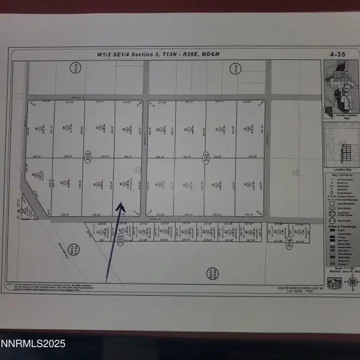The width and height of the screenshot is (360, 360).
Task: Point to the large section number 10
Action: [295, 173]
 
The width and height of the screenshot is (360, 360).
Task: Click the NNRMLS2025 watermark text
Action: [34, 344]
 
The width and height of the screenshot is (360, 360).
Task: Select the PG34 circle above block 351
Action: [74, 67]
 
